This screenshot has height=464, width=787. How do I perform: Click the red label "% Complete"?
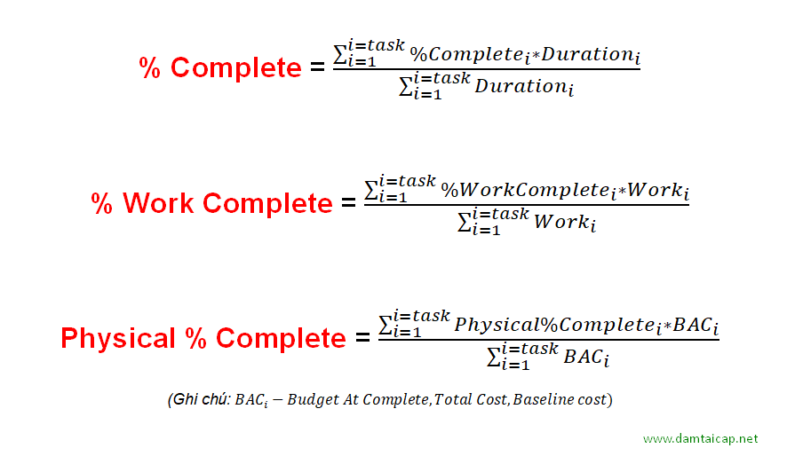point(220,68)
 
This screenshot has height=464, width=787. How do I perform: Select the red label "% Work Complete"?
point(211,203)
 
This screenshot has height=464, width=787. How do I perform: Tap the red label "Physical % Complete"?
point(203,338)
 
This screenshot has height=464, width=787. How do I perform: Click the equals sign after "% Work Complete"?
point(348,203)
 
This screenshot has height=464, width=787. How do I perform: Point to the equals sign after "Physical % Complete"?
point(362,338)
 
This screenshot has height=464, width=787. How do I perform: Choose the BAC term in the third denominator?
point(586,358)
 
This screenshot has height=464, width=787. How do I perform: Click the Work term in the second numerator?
point(656,190)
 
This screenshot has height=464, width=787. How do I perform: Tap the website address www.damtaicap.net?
point(701,439)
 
